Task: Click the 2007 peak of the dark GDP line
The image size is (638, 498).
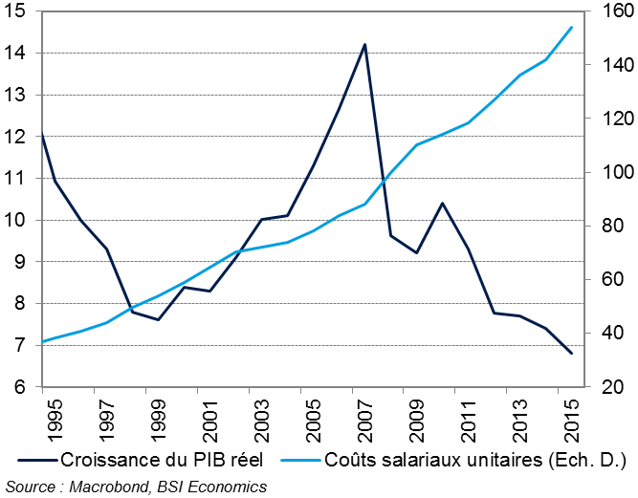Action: tap(364, 44)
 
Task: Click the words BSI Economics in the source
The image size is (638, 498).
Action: tap(216, 486)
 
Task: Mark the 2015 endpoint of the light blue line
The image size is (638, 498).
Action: tap(572, 28)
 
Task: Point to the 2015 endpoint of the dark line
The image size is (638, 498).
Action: tap(572, 354)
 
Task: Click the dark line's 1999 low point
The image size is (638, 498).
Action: tap(158, 319)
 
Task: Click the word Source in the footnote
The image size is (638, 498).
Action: tap(28, 486)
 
